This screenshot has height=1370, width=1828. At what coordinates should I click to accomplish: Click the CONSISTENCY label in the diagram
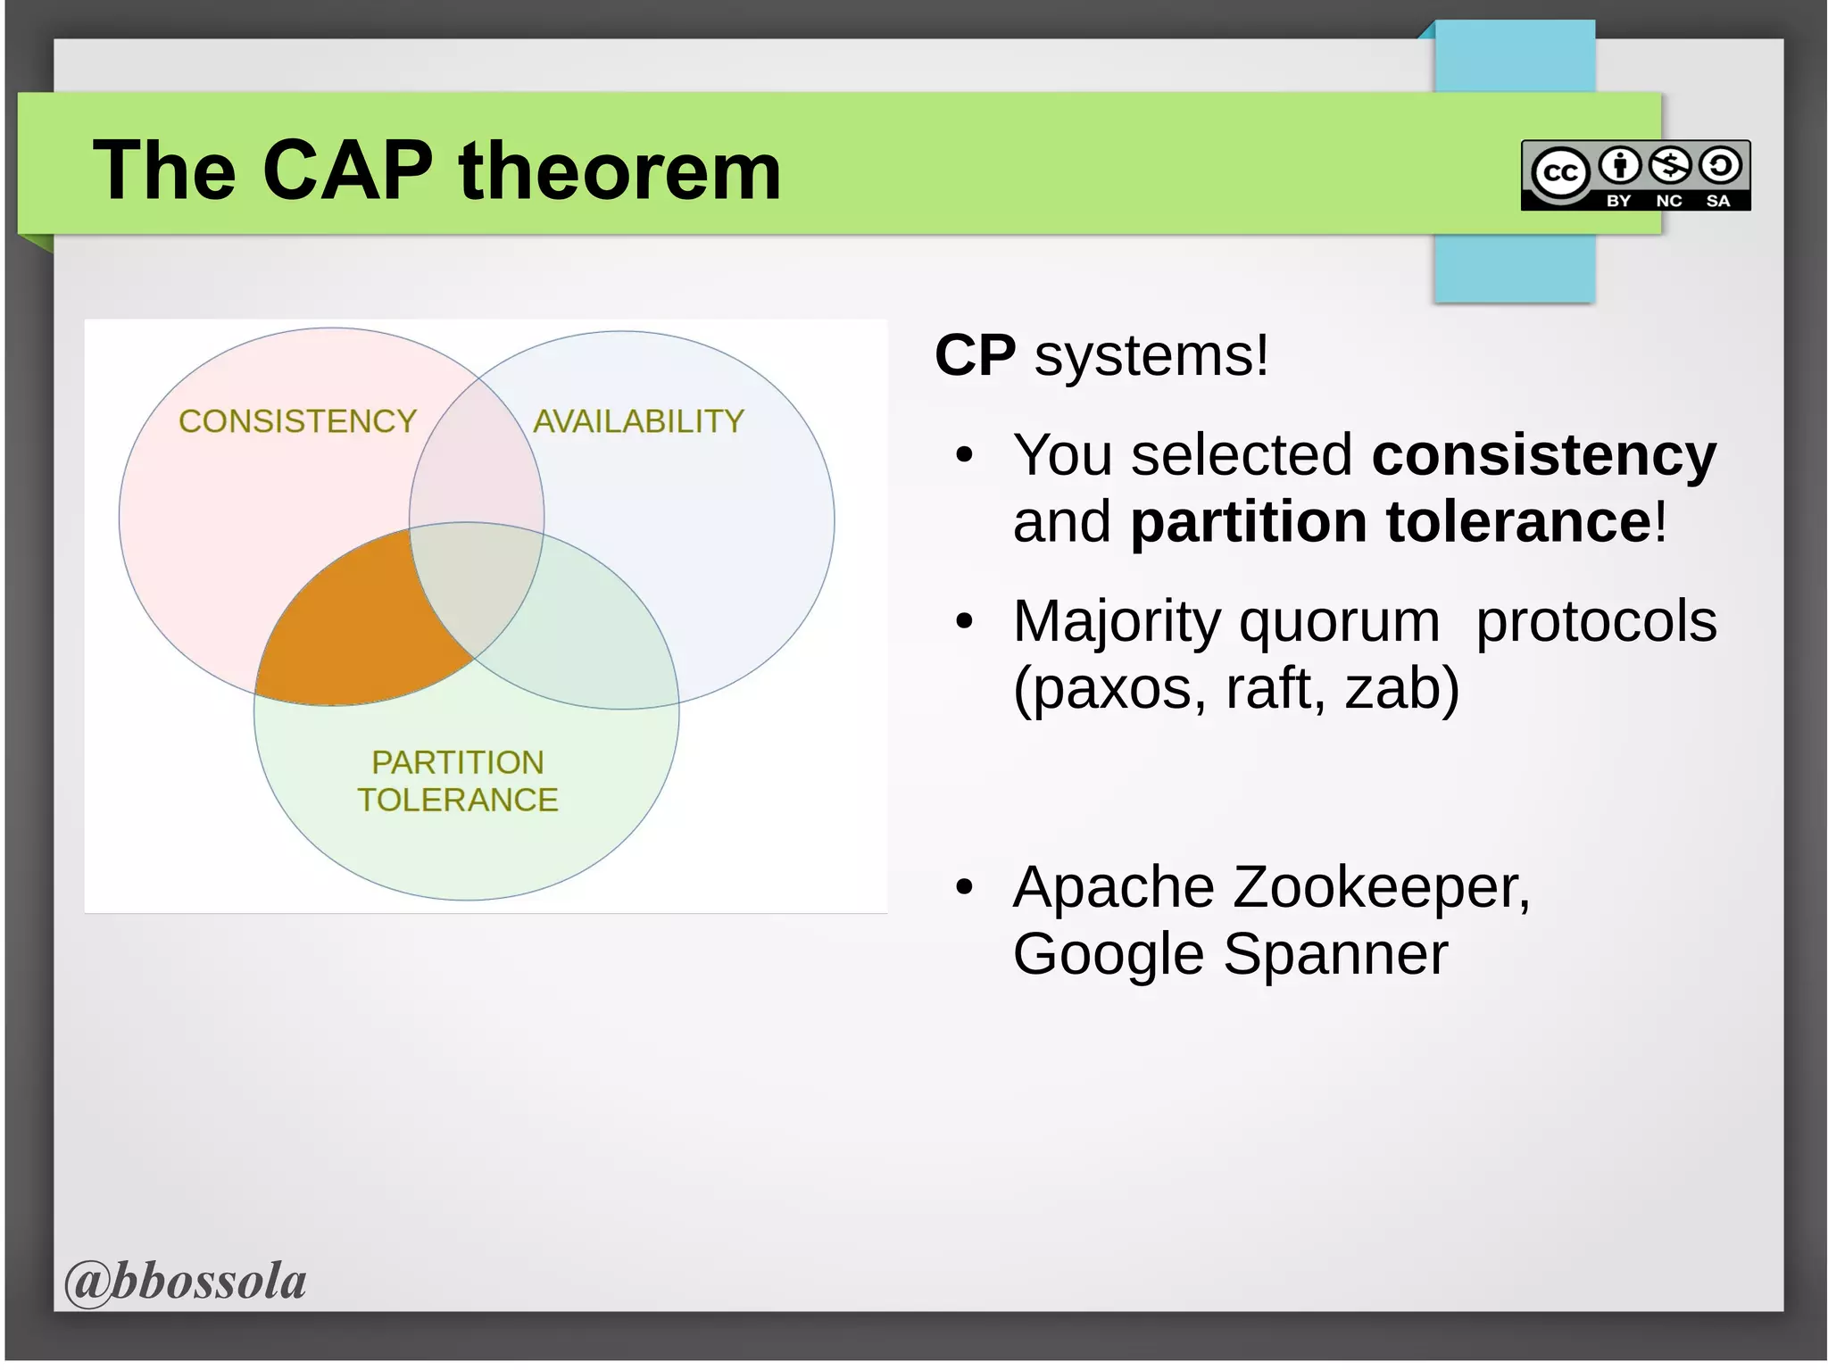pos(297,421)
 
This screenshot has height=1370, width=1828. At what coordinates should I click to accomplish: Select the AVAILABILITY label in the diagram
pos(638,421)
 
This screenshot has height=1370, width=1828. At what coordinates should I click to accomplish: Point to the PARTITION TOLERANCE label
pos(457,781)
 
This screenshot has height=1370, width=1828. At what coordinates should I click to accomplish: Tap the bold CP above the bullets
pos(975,355)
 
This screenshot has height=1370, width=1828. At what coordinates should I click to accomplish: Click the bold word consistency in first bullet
pos(1543,455)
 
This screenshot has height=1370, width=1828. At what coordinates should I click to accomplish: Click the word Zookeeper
pos(1381,888)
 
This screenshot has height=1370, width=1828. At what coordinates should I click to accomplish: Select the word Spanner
pos(1335,955)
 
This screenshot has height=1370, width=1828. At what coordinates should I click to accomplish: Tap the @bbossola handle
pos(186,1281)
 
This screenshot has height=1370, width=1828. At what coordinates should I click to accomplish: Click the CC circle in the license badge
pos(1559,172)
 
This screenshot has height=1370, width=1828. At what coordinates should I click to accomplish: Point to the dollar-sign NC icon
pos(1669,165)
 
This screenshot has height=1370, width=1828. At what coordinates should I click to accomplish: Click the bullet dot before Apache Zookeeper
pos(963,888)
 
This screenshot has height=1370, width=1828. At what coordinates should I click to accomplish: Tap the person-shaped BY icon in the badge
pos(1619,165)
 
